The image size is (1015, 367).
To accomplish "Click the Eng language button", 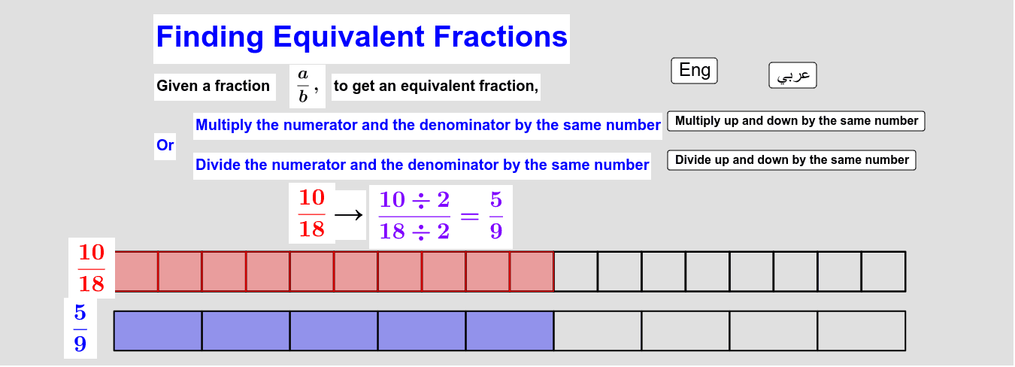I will coord(694,71).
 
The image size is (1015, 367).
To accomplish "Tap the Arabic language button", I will coord(792,75).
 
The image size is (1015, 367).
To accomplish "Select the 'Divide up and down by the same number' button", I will coord(791,160).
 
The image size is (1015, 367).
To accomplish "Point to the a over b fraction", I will coord(303,86).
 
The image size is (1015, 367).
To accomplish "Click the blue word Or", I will coord(165,145).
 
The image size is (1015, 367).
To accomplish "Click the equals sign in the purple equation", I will coord(469,217).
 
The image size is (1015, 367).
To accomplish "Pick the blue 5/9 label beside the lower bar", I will coord(80,328).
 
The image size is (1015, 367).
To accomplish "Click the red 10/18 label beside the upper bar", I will coord(91,268).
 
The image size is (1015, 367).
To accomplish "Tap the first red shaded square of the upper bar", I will coord(136,271).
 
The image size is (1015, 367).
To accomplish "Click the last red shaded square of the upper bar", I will coord(532,271).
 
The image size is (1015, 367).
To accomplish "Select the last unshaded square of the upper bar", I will coord(883,271).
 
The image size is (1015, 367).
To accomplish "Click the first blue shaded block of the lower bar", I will coord(158,331).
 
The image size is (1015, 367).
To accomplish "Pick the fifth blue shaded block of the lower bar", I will coord(510,331).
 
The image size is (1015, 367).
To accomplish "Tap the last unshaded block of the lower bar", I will coord(862,331).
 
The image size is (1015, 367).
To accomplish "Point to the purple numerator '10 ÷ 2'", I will coord(414,200).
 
